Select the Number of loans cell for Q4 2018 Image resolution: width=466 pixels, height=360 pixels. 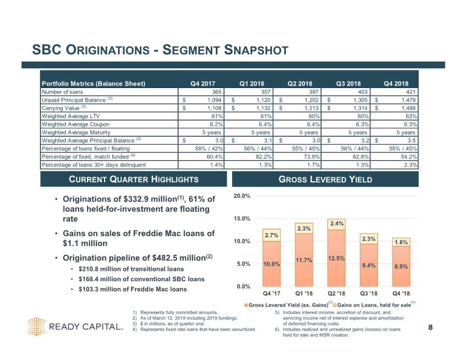409,92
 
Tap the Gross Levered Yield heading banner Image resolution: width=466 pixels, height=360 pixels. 326,179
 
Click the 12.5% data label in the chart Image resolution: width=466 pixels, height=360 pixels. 337,258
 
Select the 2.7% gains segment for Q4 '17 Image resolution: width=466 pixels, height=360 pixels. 272,235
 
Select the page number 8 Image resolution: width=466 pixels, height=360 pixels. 430,327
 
